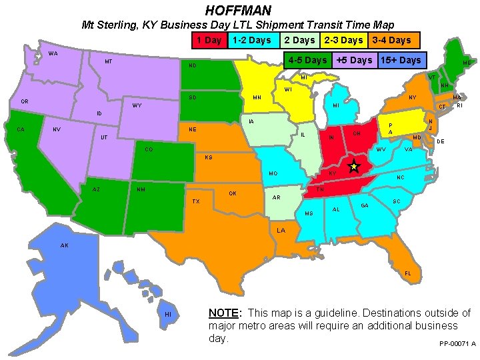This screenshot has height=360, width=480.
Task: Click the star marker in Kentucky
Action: (x=353, y=166)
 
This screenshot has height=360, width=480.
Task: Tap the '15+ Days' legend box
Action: (x=401, y=60)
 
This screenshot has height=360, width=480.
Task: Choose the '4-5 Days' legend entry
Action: (x=307, y=60)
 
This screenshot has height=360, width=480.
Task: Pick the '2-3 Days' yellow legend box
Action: (x=343, y=41)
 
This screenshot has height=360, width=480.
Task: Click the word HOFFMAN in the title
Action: (x=238, y=10)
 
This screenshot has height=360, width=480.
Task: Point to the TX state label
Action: (x=195, y=201)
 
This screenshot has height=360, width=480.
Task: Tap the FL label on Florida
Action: (x=408, y=274)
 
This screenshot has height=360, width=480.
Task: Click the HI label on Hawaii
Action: (x=168, y=314)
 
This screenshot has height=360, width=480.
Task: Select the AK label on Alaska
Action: (x=64, y=245)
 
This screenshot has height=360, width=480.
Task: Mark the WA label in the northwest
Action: (x=53, y=54)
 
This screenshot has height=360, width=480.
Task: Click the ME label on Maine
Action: (x=467, y=63)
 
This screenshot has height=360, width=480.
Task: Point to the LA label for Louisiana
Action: (x=281, y=231)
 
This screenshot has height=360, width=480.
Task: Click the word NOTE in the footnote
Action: (x=223, y=313)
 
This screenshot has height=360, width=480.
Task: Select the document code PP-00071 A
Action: (x=457, y=344)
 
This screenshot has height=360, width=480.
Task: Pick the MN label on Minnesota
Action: (x=257, y=98)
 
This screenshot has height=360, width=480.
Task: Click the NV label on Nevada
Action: (x=57, y=129)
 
